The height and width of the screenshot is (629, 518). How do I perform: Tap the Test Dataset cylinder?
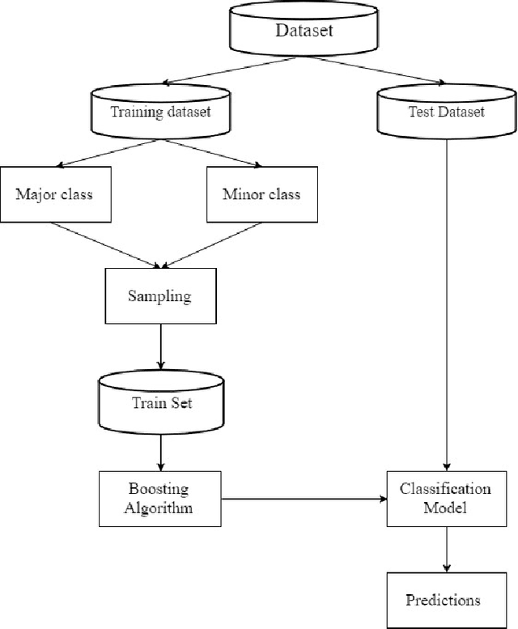coord(446,113)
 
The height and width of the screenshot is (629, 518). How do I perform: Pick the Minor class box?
coord(261,194)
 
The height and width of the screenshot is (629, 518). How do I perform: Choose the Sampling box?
coord(159,295)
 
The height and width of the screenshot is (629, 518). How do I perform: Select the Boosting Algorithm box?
coord(159,498)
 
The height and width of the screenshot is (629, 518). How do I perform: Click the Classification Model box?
coord(446,498)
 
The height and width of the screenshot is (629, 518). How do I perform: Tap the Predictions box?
coord(443,600)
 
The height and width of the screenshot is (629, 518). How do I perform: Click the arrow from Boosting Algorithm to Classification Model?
coord(304,499)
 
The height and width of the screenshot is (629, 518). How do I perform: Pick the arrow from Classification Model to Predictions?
coord(446,548)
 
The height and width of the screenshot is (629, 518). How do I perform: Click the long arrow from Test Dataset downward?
coord(446,308)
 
